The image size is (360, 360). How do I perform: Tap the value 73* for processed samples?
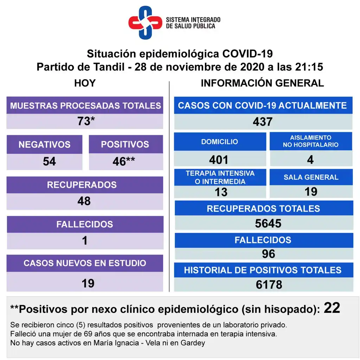click(x=86, y=121)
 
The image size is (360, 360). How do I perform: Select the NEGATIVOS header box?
click(x=44, y=144)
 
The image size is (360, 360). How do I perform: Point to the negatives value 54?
click(x=49, y=161)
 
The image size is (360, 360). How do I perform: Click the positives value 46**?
click(x=123, y=161)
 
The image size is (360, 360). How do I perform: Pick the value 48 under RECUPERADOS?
click(x=84, y=201)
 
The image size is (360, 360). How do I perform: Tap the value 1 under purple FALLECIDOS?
click(x=85, y=241)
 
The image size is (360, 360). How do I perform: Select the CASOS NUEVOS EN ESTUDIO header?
click(x=85, y=263)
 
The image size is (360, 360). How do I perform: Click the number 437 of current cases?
click(x=263, y=122)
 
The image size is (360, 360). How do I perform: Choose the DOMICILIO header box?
click(x=220, y=141)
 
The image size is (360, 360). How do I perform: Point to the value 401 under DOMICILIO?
click(x=219, y=160)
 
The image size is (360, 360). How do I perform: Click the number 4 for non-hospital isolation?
click(x=310, y=160)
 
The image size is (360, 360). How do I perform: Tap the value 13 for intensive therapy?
click(x=221, y=192)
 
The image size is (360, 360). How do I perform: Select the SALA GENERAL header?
click(x=311, y=177)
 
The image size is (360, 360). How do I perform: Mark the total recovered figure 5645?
click(x=268, y=223)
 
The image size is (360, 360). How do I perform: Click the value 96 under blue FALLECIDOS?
click(x=268, y=254)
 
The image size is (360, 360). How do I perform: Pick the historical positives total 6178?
click(x=269, y=285)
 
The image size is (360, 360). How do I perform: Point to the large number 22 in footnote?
click(x=332, y=308)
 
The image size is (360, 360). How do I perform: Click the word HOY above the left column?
click(x=85, y=83)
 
